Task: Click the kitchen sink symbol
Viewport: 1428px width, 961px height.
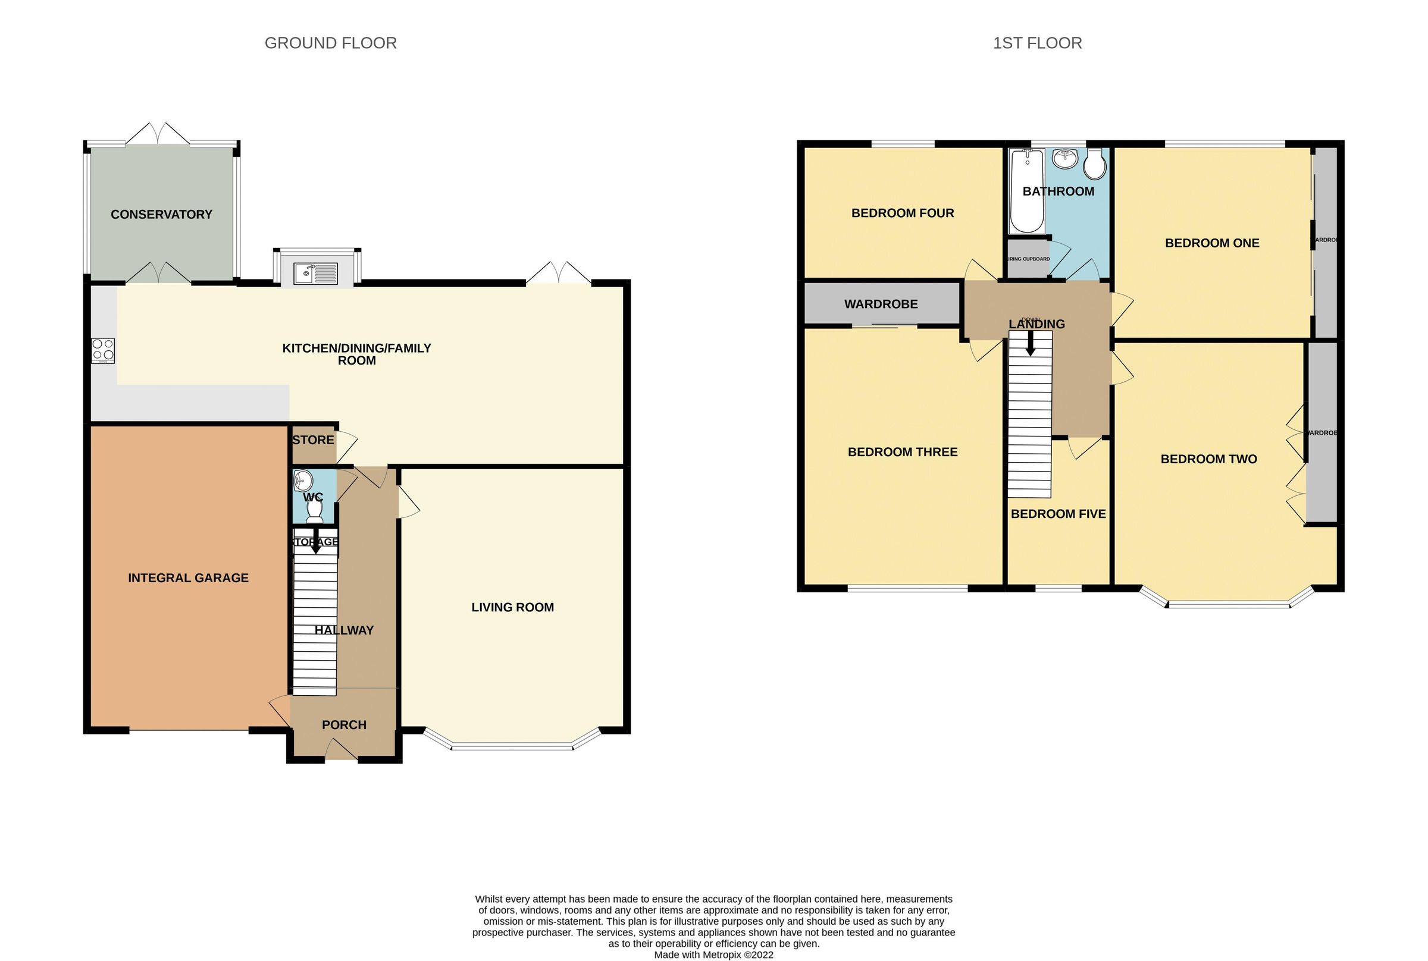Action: pyautogui.click(x=316, y=274)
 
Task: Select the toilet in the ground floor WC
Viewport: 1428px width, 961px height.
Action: pyautogui.click(x=315, y=510)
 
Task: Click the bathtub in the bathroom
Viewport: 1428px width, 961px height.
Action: pyautogui.click(x=1026, y=191)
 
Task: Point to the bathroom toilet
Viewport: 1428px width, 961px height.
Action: pyautogui.click(x=1094, y=164)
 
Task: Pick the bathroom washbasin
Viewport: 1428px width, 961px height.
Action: pyautogui.click(x=1065, y=159)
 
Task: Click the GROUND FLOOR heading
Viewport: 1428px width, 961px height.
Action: pyautogui.click(x=330, y=43)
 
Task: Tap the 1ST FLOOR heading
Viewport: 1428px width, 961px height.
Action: pyautogui.click(x=1037, y=43)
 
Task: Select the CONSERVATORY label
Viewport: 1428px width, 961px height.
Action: pyautogui.click(x=161, y=215)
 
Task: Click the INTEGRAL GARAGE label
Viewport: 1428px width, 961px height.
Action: pyautogui.click(x=188, y=578)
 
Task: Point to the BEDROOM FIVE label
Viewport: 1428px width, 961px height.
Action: pyautogui.click(x=1058, y=514)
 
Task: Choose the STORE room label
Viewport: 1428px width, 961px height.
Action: pyautogui.click(x=314, y=440)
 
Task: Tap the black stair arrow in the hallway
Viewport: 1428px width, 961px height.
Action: pyautogui.click(x=316, y=544)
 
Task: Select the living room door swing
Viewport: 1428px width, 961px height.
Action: pyautogui.click(x=408, y=502)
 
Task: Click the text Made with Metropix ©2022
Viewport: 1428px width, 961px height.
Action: pyautogui.click(x=713, y=954)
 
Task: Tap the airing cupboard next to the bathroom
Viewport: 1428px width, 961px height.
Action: pyautogui.click(x=1028, y=259)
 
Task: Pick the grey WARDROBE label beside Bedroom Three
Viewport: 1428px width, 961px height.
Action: pyautogui.click(x=881, y=304)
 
